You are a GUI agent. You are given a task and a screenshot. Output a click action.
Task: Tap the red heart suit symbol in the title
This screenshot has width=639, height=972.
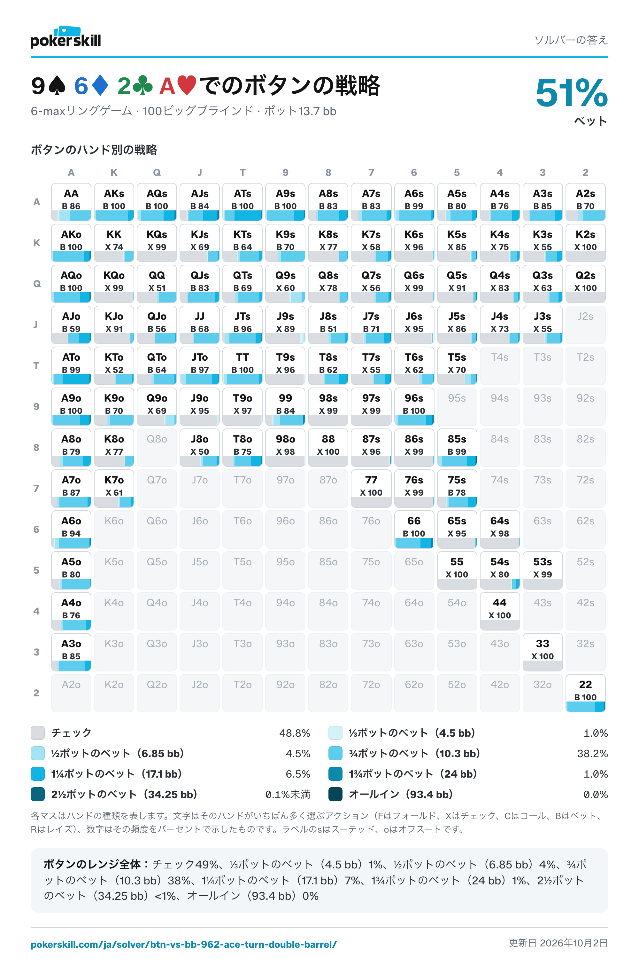click(187, 86)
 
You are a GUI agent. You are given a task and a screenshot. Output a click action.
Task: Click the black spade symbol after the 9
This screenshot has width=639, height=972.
click(57, 86)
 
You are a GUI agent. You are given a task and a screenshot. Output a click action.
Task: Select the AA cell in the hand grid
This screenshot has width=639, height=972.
click(71, 202)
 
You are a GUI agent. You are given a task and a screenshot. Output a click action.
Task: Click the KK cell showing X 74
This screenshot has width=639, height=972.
click(114, 243)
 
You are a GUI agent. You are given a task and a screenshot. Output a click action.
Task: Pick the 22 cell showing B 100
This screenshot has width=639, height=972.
click(585, 693)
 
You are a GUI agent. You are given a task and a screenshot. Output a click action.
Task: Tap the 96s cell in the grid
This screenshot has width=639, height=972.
click(414, 406)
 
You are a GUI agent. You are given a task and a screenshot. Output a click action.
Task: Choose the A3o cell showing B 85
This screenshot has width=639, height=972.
click(71, 652)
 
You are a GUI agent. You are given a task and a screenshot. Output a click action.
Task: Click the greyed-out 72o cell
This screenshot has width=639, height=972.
click(371, 693)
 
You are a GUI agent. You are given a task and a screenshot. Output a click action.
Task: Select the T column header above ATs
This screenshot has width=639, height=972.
click(243, 172)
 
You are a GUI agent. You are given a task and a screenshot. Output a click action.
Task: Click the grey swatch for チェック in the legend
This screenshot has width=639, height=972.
click(37, 733)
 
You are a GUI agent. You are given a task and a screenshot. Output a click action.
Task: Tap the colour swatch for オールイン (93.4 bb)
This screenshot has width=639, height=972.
click(335, 794)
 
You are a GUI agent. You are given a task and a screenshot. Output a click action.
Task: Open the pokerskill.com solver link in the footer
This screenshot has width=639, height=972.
click(184, 944)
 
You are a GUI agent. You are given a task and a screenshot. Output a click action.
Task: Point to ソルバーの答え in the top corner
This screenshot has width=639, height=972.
click(571, 40)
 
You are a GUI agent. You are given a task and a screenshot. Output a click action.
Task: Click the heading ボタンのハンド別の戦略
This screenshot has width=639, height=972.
click(94, 150)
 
